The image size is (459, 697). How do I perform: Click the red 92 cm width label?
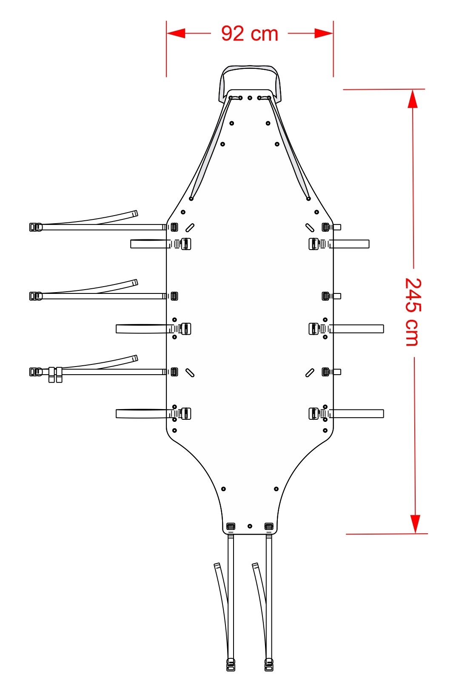(x=250, y=34)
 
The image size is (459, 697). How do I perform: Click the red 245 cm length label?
(x=413, y=312)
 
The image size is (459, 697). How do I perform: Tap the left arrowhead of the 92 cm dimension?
(x=176, y=33)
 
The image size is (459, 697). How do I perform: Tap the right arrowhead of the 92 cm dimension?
(x=324, y=33)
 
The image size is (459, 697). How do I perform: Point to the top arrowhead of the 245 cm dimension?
(x=413, y=99)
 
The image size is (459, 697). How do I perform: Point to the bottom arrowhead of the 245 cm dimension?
(x=416, y=524)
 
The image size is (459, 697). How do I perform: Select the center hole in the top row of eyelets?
(x=250, y=98)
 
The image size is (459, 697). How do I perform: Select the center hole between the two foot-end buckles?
(x=250, y=526)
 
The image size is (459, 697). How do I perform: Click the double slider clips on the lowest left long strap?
(x=55, y=375)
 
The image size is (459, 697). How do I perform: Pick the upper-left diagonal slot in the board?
(x=190, y=228)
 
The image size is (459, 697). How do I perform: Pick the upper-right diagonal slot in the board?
(x=310, y=228)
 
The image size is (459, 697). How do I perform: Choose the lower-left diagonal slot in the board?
(x=190, y=373)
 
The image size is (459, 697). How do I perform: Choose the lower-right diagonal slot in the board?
(x=310, y=373)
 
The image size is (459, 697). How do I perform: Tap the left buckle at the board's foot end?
(x=231, y=526)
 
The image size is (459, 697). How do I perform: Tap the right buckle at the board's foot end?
(x=269, y=526)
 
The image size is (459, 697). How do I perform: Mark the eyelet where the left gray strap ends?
(x=191, y=199)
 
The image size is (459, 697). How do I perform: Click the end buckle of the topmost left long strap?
(x=36, y=227)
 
